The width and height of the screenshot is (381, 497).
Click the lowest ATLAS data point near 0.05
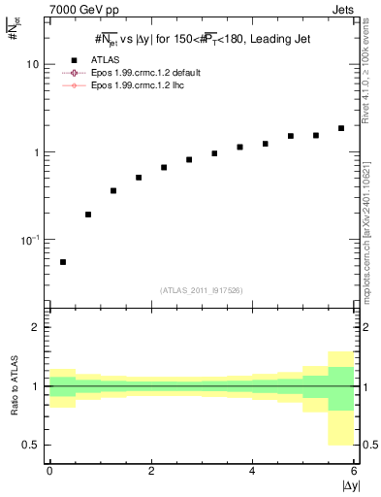pyautogui.click(x=63, y=262)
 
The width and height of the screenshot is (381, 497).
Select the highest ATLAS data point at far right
pyautogui.click(x=340, y=128)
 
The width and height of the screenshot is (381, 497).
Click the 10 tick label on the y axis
pyautogui.click(x=32, y=64)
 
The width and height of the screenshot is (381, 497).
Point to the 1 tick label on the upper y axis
pyautogui.click(x=36, y=152)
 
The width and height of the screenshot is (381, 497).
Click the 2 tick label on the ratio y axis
pyautogui.click(x=36, y=327)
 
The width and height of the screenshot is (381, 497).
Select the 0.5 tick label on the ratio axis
pyautogui.click(x=31, y=445)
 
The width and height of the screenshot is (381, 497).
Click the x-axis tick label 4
pyautogui.click(x=252, y=471)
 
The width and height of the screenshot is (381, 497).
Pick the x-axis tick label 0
pyautogui.click(x=49, y=471)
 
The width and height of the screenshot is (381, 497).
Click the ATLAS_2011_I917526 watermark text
pyautogui.click(x=202, y=289)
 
